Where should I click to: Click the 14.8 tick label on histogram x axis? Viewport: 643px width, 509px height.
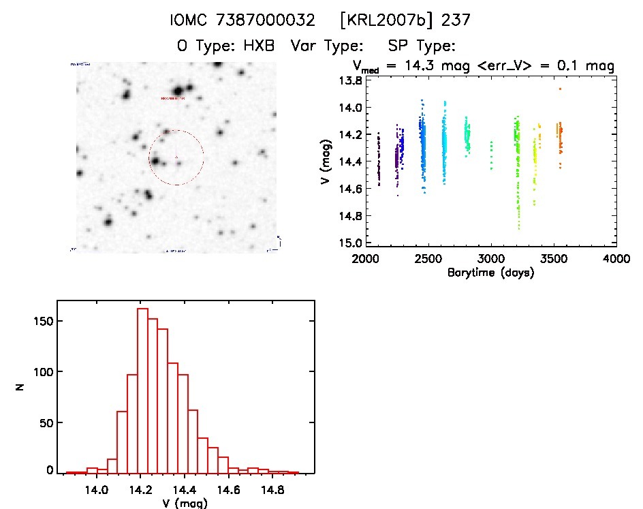click(x=273, y=489)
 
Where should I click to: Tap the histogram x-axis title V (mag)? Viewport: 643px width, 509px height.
click(x=181, y=504)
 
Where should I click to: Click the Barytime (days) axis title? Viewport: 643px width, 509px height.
click(x=490, y=273)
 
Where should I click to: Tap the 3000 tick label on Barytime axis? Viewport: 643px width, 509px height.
click(x=490, y=259)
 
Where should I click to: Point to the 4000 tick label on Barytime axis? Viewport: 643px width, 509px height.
click(x=616, y=259)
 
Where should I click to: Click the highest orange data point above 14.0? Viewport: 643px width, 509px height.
click(x=560, y=89)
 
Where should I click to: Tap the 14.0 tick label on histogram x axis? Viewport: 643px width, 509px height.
click(x=97, y=489)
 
